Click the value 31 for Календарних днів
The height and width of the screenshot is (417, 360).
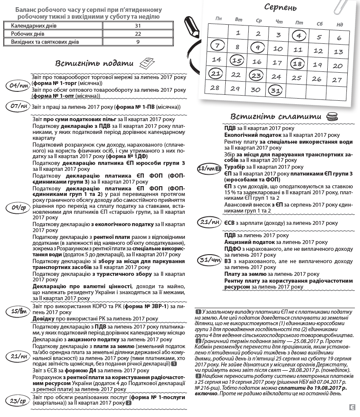[138, 26]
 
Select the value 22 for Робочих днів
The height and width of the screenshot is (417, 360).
[138, 34]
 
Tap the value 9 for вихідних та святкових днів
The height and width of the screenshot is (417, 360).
[138, 42]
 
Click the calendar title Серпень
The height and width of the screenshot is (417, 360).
[281, 7]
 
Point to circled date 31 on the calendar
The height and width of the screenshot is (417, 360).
[276, 90]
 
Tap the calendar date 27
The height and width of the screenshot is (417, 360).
[337, 79]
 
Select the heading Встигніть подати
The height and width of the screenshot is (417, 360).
[94, 63]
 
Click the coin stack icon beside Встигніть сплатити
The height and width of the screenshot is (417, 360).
[330, 116]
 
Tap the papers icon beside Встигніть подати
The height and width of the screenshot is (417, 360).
[147, 62]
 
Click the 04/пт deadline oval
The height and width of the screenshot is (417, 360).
[19, 86]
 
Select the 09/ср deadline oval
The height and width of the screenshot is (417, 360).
[19, 207]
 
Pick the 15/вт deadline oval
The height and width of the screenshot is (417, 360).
[19, 312]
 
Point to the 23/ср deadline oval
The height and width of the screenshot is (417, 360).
[19, 400]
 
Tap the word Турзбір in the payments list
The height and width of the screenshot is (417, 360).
[235, 167]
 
